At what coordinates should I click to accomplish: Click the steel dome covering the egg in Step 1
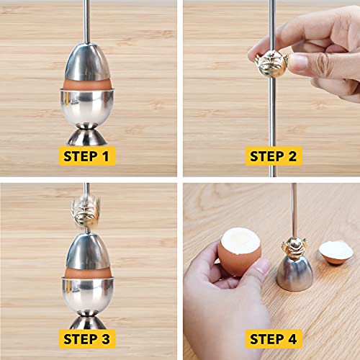[87, 63]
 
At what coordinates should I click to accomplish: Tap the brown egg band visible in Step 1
[87, 84]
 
